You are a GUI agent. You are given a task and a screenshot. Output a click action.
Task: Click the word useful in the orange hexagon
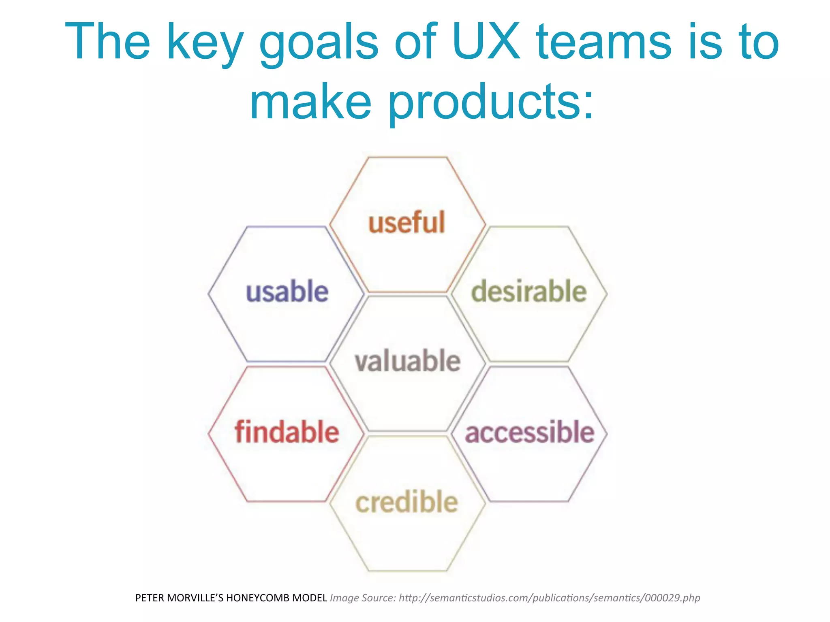[406, 223]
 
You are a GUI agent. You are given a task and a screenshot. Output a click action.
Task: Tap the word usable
[287, 292]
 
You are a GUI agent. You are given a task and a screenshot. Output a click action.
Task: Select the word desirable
[529, 292]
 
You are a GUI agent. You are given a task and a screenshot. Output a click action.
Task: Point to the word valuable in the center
[407, 361]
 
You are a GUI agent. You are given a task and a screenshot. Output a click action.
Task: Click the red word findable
[287, 432]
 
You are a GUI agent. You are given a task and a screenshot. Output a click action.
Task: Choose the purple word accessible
[529, 432]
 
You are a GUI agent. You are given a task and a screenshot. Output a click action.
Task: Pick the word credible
[407, 502]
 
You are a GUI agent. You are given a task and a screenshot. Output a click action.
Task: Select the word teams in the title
[604, 42]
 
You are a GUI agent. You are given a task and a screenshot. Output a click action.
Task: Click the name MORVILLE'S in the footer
[195, 598]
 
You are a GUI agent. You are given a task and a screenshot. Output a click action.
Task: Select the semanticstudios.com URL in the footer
[549, 598]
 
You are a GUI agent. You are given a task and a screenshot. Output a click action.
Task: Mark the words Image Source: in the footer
[363, 598]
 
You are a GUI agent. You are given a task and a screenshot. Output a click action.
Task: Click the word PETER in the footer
[150, 598]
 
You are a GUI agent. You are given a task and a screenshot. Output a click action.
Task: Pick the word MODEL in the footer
[310, 598]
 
